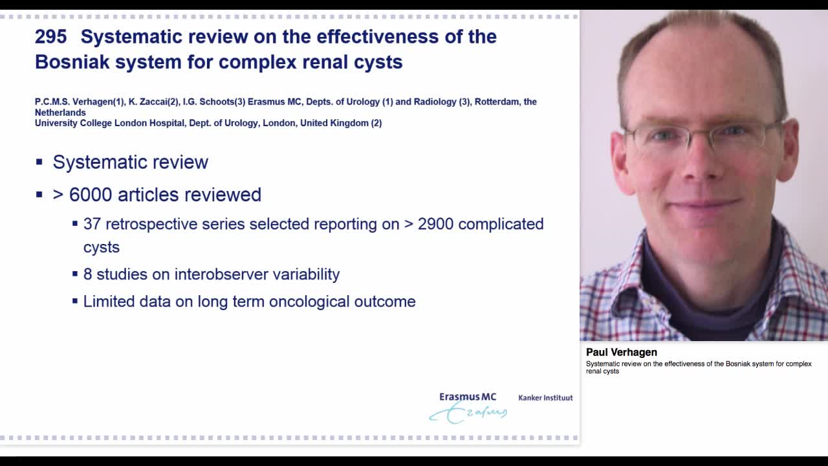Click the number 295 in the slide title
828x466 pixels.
pyautogui.click(x=51, y=37)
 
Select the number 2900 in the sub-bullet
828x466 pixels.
pyautogui.click(x=435, y=224)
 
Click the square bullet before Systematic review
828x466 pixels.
pyautogui.click(x=39, y=162)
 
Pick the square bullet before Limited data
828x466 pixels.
pyautogui.click(x=75, y=301)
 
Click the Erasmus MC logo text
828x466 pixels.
pyautogui.click(x=468, y=397)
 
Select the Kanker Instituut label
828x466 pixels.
pyautogui.click(x=545, y=398)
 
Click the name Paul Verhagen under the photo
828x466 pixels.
pyautogui.click(x=621, y=352)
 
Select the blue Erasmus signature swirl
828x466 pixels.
pyautogui.click(x=468, y=413)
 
